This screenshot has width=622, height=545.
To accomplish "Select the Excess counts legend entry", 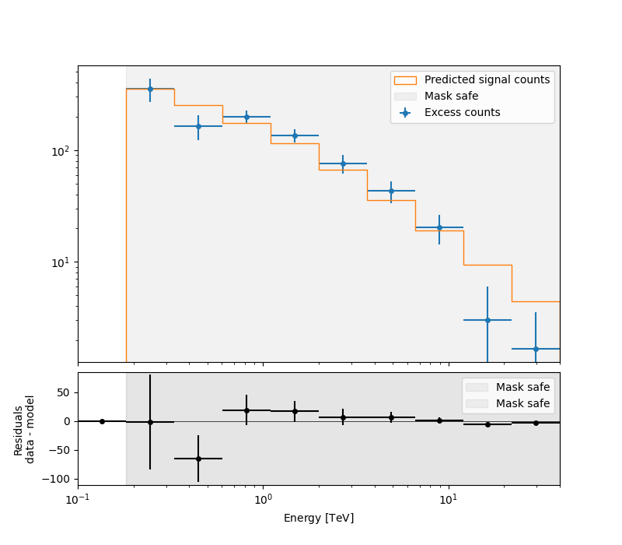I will point(462,113).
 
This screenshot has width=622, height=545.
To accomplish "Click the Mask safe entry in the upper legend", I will point(451,97).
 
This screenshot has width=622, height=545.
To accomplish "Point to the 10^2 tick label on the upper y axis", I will point(61,151).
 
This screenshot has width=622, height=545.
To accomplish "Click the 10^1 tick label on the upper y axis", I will point(61,262).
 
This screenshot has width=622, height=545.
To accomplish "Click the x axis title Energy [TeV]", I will point(319,518).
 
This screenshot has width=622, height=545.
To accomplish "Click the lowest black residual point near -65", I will point(198,459).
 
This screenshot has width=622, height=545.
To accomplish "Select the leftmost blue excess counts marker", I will point(150,89).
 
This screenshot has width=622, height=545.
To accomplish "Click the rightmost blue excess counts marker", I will point(536,349).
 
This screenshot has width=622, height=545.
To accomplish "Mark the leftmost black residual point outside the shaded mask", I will point(102,421).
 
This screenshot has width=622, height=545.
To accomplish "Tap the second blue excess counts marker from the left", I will point(198,126).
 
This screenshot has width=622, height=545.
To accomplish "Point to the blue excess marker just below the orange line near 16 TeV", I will point(487,320).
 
